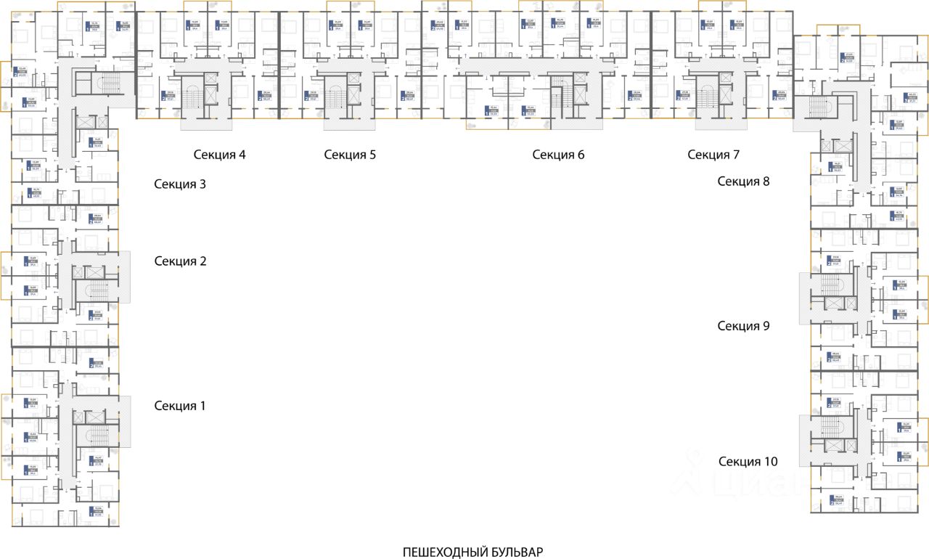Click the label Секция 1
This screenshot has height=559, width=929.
pyautogui.click(x=180, y=406)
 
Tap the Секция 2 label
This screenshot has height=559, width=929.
pyautogui.click(x=180, y=261)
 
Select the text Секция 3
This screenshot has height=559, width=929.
pyautogui.click(x=180, y=184)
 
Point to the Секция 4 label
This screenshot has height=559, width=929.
pyautogui.click(x=219, y=155)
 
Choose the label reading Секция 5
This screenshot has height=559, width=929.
pyautogui.click(x=350, y=155)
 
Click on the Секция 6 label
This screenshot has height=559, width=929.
pyautogui.click(x=558, y=155)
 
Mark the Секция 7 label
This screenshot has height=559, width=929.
pyautogui.click(x=713, y=155)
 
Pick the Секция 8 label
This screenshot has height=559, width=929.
pyautogui.click(x=743, y=181)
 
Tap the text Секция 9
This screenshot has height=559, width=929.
pyautogui.click(x=743, y=326)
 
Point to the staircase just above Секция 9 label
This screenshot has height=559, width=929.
pyautogui.click(x=832, y=285)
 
